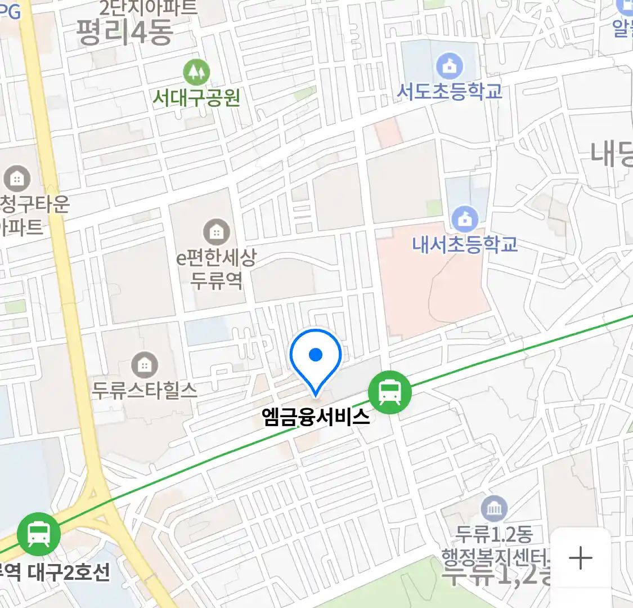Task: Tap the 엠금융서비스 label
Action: click(x=316, y=417)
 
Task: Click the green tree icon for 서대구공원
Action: click(x=196, y=71)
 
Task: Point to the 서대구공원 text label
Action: click(x=196, y=98)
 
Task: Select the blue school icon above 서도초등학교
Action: click(x=450, y=66)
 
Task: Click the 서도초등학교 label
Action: click(x=450, y=91)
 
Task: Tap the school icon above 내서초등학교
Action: click(x=465, y=218)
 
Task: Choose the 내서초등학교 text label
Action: click(x=465, y=244)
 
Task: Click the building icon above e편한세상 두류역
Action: click(x=217, y=231)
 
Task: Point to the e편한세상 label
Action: click(x=217, y=258)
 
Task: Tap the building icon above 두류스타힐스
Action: click(x=145, y=365)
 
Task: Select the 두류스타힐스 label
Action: click(x=145, y=390)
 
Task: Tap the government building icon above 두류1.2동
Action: click(x=494, y=509)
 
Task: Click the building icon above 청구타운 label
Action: click(x=17, y=179)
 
